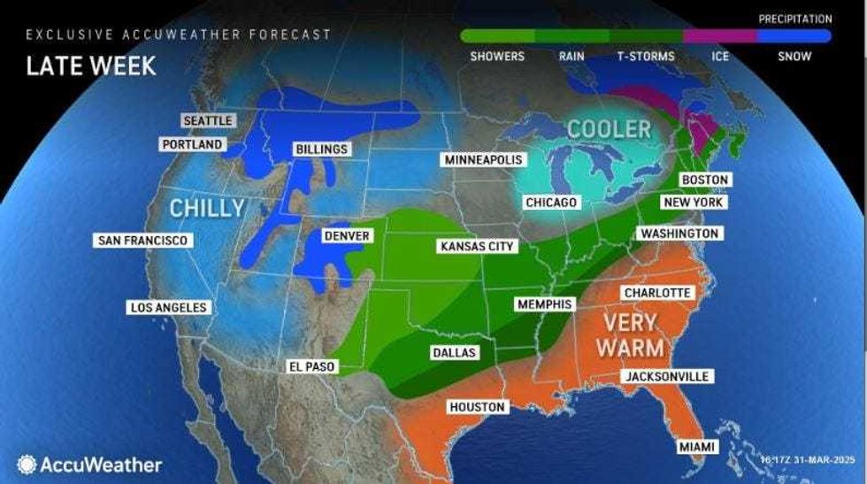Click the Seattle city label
click(x=208, y=120)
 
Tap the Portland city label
click(x=192, y=144)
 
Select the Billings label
click(x=321, y=150)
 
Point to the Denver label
click(x=346, y=236)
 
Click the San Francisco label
click(x=143, y=241)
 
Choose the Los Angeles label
click(x=168, y=308)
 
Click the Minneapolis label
click(x=484, y=160)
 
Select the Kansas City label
click(x=477, y=246)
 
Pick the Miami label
click(x=697, y=448)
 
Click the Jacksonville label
click(x=667, y=377)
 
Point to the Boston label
click(x=705, y=180)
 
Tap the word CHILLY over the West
click(x=207, y=209)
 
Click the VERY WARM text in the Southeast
click(x=630, y=334)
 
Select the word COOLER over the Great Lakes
click(x=609, y=129)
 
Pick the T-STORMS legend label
click(x=646, y=57)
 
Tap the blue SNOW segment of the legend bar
click(x=794, y=36)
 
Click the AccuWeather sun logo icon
click(x=27, y=465)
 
